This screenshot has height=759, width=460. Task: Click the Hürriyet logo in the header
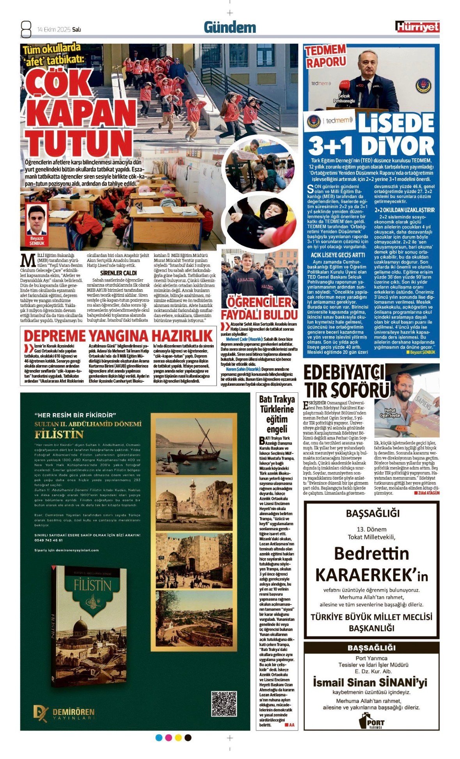(417, 27)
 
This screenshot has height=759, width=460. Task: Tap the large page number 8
(26, 29)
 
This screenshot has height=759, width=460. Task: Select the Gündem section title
(230, 27)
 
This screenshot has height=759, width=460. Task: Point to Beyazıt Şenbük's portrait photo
(37, 220)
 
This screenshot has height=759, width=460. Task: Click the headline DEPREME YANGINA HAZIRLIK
(118, 336)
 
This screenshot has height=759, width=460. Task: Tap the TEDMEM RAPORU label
(325, 56)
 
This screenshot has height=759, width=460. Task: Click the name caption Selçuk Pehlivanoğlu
(344, 98)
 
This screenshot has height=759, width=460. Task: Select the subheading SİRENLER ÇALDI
(118, 273)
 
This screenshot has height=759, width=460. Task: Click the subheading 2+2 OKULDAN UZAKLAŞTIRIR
(404, 210)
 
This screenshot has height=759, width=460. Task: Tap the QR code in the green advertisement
(224, 703)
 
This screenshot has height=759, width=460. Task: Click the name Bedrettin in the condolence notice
(371, 553)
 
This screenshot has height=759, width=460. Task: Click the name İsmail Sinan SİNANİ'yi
(370, 682)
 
